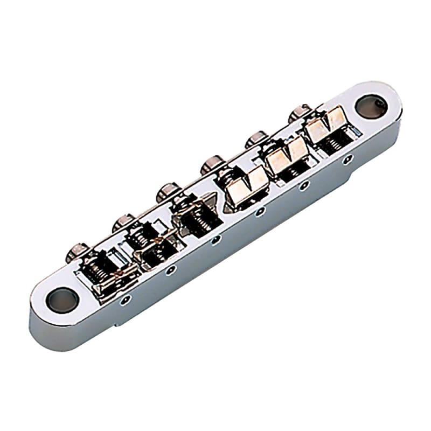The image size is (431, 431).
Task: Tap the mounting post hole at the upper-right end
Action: point(371,106)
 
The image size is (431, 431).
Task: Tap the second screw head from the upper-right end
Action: point(257,138)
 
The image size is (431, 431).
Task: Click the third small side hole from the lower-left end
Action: point(215,239)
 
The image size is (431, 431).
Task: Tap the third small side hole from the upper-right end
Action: point(260,211)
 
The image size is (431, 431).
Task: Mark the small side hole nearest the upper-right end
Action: point(349,158)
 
